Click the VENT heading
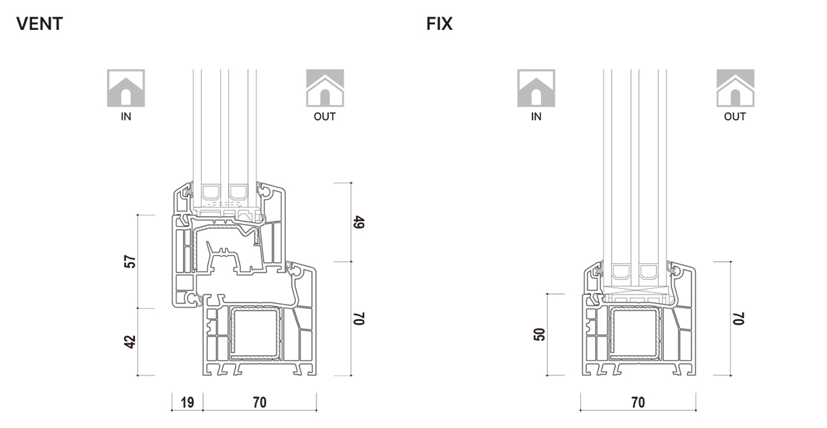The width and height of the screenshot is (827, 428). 39,24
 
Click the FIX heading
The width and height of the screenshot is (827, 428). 439,24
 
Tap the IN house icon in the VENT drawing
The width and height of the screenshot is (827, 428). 125,88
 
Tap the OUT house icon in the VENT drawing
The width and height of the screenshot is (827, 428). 325,88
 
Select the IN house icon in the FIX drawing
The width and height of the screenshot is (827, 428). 536,88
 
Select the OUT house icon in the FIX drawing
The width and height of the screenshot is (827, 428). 735,88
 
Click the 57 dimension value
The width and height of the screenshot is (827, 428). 130,262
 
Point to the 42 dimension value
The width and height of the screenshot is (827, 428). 130,342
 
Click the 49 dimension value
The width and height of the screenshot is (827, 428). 359,222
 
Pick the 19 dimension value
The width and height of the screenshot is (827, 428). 188,402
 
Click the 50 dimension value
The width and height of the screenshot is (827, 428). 540,334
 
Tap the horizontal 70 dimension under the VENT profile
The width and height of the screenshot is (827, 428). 260,402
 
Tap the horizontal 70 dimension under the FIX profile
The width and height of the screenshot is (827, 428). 638,402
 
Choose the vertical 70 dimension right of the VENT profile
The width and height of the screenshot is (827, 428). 359,318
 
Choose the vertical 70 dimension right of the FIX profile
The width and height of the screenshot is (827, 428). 737,318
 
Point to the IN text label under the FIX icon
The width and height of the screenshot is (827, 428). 536,117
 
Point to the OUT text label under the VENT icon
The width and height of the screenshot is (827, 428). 325,117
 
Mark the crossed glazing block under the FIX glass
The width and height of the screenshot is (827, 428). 639,291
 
